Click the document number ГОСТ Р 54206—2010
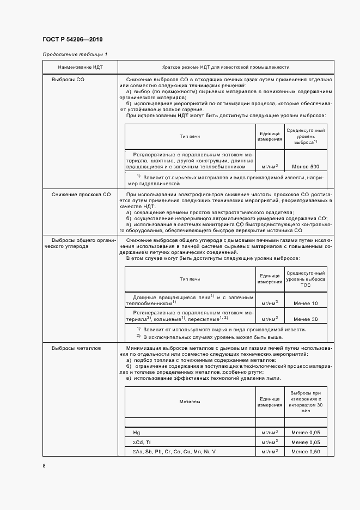[x=72, y=40]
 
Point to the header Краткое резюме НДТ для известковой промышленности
[x=225, y=67]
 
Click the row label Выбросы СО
[x=68, y=80]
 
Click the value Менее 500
[x=306, y=167]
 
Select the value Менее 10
[x=306, y=303]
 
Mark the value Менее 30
[x=306, y=319]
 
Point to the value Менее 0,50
[x=306, y=452]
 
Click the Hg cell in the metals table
[x=136, y=432]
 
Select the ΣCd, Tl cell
[x=143, y=442]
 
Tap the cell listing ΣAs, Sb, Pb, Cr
[x=174, y=452]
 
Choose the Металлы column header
[x=190, y=402]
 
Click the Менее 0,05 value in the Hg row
[x=306, y=432]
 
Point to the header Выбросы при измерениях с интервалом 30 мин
[x=306, y=402]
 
